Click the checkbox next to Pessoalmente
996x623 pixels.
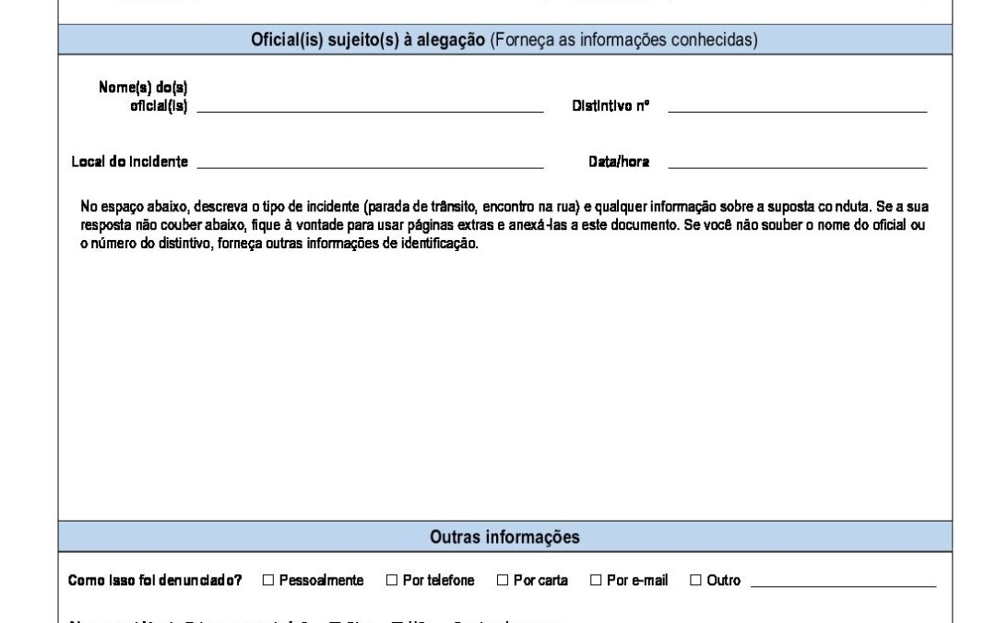point(268,581)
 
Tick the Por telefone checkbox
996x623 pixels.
point(392,581)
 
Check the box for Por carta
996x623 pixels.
point(503,581)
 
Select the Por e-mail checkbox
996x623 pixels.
point(596,581)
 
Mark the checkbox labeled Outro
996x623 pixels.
point(696,581)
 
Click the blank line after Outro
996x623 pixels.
point(843,584)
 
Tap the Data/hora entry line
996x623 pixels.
point(797,166)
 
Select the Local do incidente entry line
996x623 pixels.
point(370,166)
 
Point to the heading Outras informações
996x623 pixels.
point(504,536)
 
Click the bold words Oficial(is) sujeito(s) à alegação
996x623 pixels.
point(368,41)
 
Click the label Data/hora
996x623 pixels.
point(619,162)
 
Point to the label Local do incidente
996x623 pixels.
point(130,162)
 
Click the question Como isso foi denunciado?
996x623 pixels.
point(155,581)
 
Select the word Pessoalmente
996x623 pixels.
point(321,581)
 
